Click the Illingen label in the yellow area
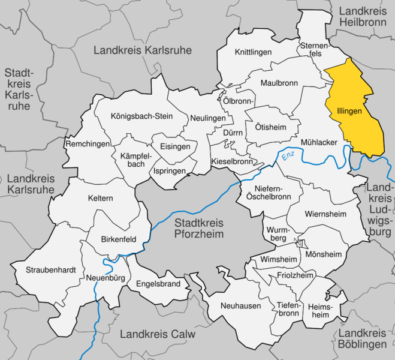[x=350, y=112]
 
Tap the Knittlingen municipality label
[x=252, y=52]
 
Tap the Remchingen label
[x=88, y=145]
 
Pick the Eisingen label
[x=174, y=146]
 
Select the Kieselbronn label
[x=232, y=162]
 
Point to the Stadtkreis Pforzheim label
[x=198, y=228]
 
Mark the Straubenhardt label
[x=51, y=270]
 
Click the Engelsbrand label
[x=158, y=283]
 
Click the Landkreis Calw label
[x=158, y=334]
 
